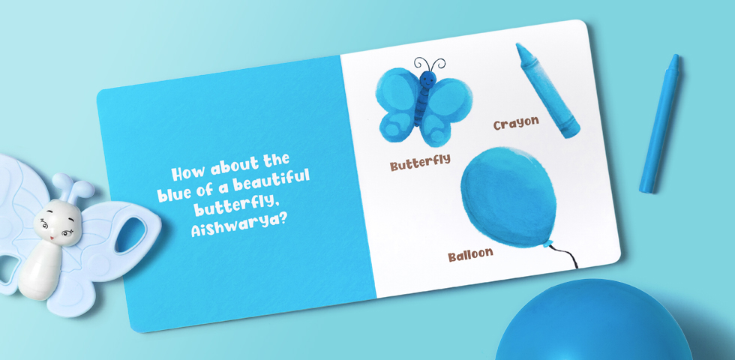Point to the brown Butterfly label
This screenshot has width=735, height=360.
click(x=420, y=162)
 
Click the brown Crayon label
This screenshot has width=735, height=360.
click(x=516, y=123)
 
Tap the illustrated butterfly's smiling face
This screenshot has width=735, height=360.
click(x=427, y=79)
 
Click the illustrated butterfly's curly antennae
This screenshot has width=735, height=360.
click(x=429, y=64)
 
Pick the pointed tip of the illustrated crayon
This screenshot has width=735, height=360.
click(x=519, y=46)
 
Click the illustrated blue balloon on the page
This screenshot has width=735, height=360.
click(x=508, y=196)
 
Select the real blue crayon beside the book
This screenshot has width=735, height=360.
click(x=659, y=124)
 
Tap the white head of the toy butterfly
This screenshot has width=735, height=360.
click(x=58, y=222)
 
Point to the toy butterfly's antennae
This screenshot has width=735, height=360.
click(x=72, y=187)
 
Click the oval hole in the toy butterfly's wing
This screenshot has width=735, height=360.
click(x=130, y=235)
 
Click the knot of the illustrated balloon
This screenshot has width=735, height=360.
click(x=547, y=244)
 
